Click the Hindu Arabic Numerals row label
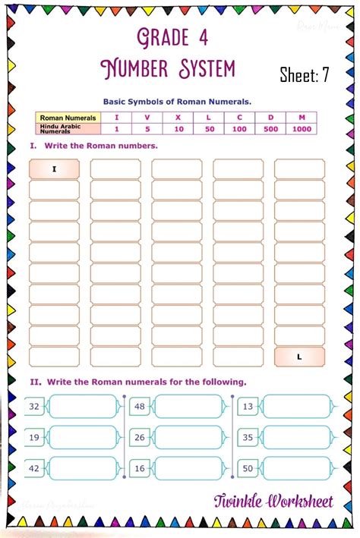pos(62,130)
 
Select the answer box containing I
pos(54,169)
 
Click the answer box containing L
pos(299,357)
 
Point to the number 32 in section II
pos(34,407)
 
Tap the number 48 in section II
pos(140,407)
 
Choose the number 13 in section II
pos(248,407)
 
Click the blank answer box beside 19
pos(83,438)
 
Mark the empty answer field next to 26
pos(188,438)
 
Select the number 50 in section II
pos(248,469)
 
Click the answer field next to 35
pos(296,438)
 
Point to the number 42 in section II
pos(34,469)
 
